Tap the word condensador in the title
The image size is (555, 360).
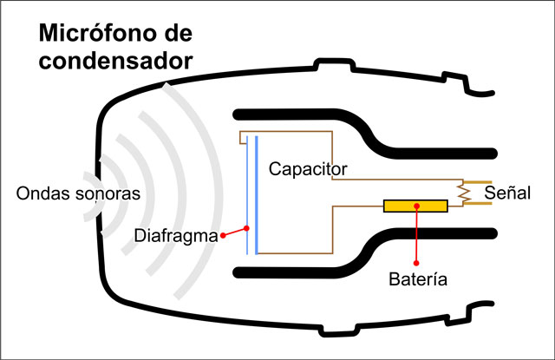pyautogui.click(x=114, y=62)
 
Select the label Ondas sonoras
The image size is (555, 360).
pyautogui.click(x=78, y=193)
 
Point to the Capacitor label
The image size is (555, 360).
pyautogui.click(x=308, y=167)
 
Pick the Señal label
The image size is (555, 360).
pyautogui.click(x=507, y=193)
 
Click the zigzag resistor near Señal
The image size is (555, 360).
pyautogui.click(x=465, y=193)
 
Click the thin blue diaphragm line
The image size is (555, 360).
pyautogui.click(x=247, y=173)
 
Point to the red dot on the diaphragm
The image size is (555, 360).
pyautogui.click(x=247, y=229)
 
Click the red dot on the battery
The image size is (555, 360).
pyautogui.click(x=417, y=206)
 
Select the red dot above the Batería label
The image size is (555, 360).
pyautogui.click(x=417, y=262)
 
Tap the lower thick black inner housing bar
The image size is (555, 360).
pyautogui.click(x=304, y=272)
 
